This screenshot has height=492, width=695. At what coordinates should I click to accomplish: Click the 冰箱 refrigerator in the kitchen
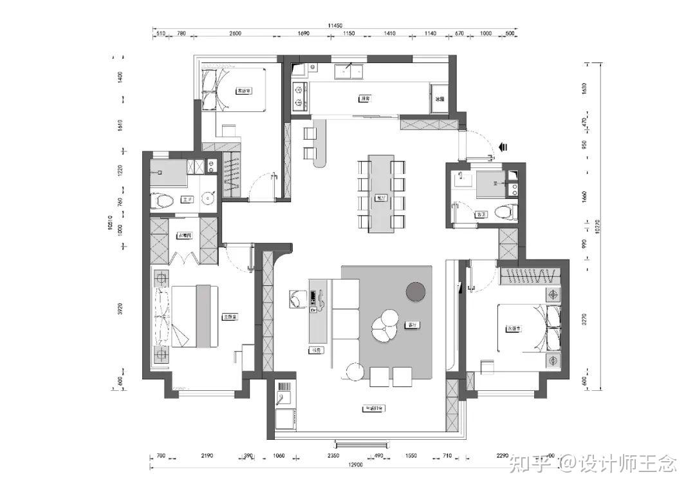[x=440, y=99]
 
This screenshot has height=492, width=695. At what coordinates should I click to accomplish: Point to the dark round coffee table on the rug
[x=418, y=291]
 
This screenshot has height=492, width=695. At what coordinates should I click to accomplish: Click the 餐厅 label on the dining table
[x=382, y=198]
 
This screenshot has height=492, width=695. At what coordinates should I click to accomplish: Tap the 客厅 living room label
[x=409, y=325]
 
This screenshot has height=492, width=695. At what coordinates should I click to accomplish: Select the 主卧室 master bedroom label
[x=229, y=317]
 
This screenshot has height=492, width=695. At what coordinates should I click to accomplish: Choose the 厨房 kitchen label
[x=365, y=99]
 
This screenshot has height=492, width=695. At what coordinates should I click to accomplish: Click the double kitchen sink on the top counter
[x=348, y=70]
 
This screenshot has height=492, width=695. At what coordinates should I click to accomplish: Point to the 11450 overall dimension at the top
[x=335, y=25]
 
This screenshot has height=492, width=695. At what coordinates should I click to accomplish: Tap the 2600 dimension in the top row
[x=234, y=33]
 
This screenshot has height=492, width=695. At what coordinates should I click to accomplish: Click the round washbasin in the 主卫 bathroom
[x=207, y=198]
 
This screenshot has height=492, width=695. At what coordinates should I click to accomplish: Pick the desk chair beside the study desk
[x=297, y=299]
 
